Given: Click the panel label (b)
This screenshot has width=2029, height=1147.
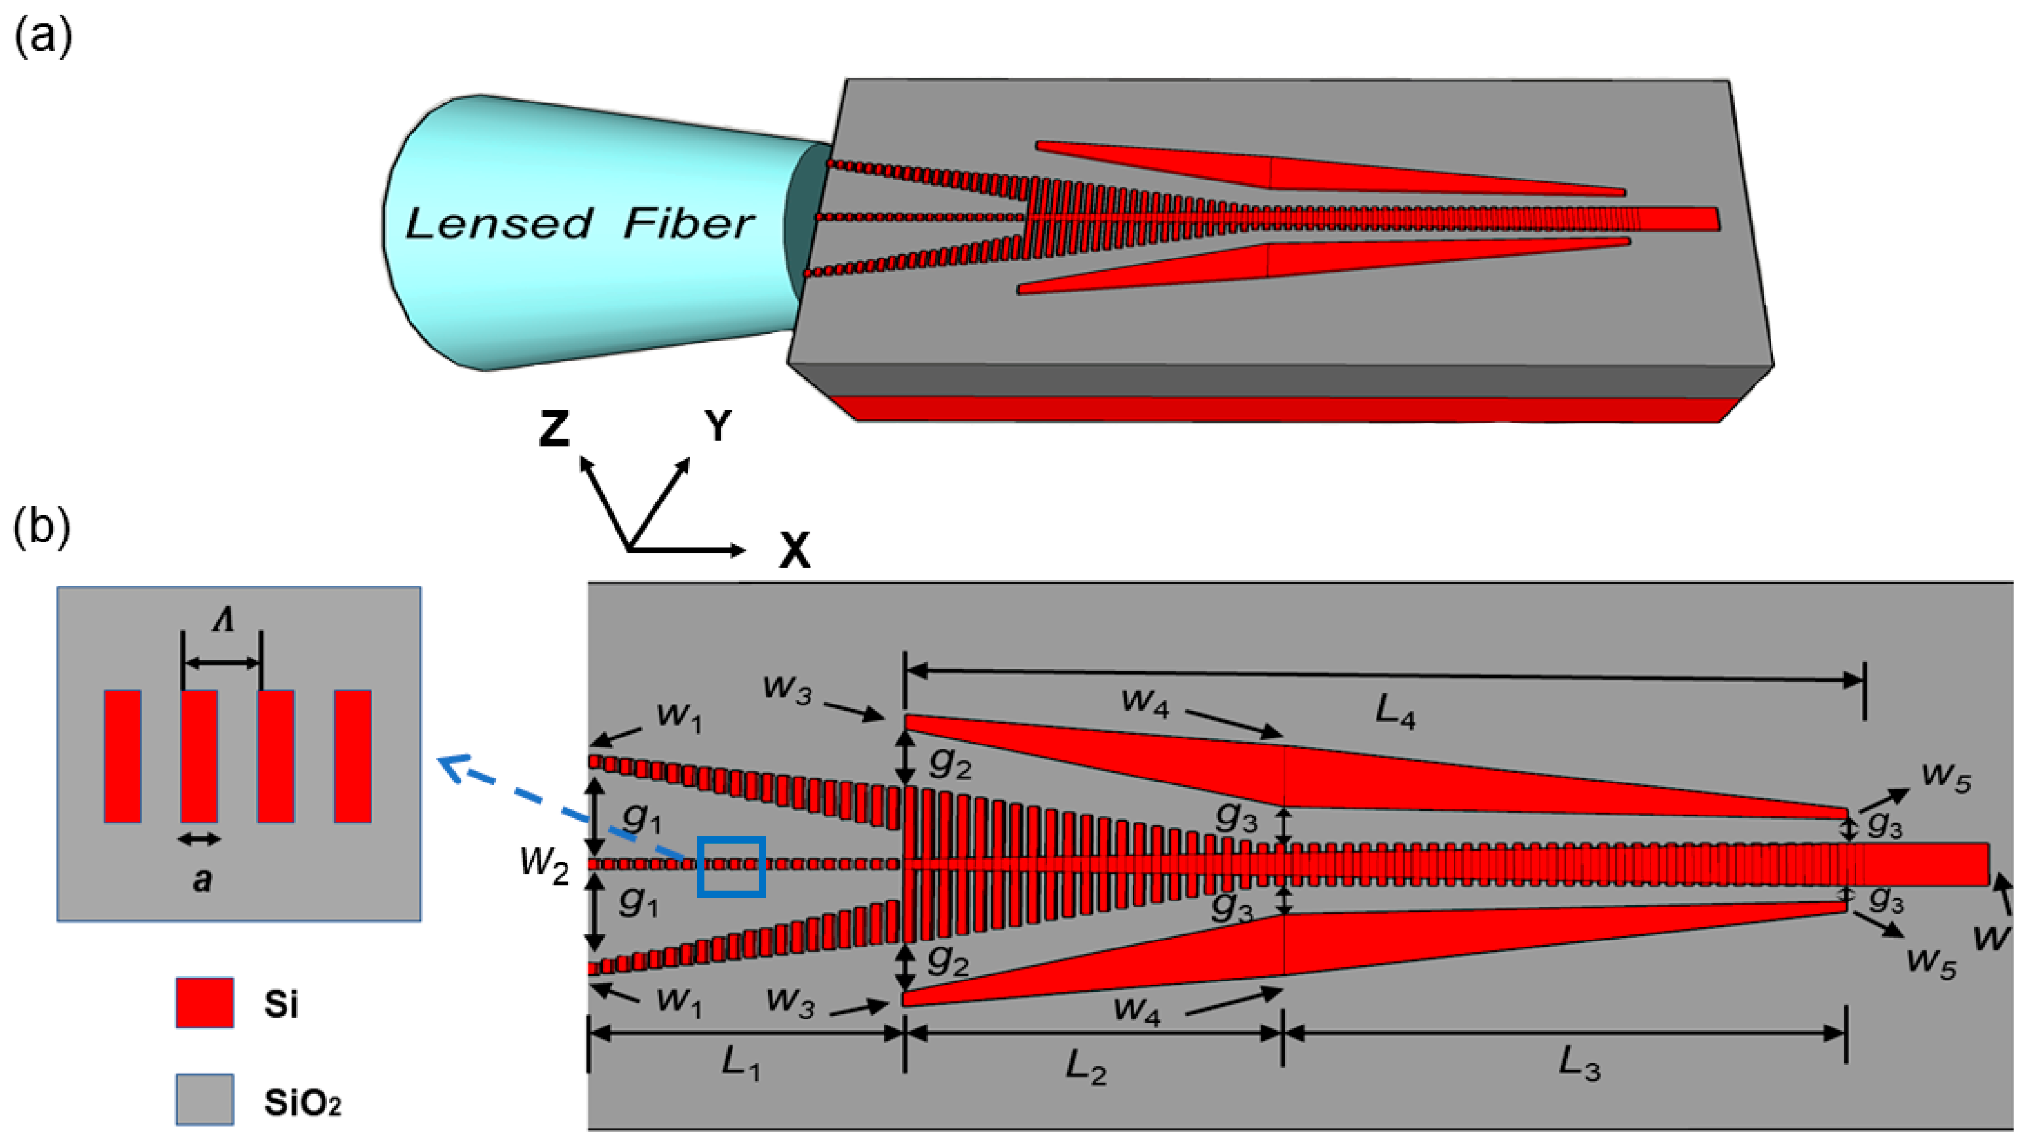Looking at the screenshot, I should coord(43,528).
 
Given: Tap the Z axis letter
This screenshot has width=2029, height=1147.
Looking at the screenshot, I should coord(555,429).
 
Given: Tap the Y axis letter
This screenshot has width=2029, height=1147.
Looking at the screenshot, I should coord(718,426).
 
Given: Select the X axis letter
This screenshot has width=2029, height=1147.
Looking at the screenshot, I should coord(794,551).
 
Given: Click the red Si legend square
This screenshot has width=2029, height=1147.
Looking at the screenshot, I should coord(205,1003).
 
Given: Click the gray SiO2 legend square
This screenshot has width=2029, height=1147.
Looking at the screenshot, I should coord(205,1099).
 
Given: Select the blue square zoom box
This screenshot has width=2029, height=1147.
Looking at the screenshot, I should coord(732,867).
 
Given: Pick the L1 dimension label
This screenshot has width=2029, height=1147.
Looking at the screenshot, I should coord(741,1065).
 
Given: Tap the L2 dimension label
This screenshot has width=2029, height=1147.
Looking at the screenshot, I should coord(1086,1068).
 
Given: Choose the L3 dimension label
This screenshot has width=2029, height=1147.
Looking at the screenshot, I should coord(1580,1065).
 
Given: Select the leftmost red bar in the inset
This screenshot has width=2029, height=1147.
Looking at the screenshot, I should coord(123,756).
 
